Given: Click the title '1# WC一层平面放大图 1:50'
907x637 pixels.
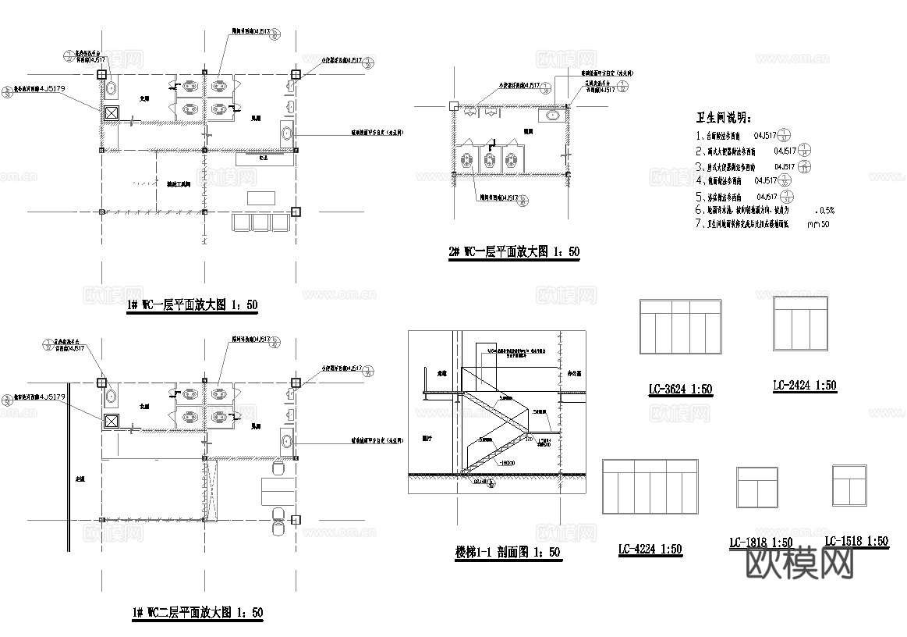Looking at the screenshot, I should click(191, 305).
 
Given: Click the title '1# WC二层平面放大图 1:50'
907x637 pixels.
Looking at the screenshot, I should click(197, 613).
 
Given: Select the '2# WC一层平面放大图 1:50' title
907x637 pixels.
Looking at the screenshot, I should click(513, 251).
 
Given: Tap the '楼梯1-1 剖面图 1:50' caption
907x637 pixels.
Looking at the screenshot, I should click(508, 553).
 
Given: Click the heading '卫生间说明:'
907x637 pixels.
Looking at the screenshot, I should click(723, 118).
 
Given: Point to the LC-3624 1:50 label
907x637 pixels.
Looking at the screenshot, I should click(680, 389).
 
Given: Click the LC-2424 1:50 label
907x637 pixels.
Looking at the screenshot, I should click(804, 386).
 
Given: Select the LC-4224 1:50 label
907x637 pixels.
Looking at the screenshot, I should click(650, 550).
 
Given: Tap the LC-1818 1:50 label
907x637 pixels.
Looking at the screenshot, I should click(760, 543).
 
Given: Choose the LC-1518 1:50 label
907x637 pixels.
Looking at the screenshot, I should click(856, 541).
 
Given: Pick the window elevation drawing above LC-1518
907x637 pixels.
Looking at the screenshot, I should click(850, 486).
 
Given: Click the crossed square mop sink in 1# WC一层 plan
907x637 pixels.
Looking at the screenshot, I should click(112, 113).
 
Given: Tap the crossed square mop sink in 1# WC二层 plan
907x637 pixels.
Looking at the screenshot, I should click(112, 422).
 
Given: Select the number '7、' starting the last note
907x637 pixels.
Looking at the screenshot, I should click(700, 224).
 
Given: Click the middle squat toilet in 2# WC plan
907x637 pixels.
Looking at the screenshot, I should click(489, 160).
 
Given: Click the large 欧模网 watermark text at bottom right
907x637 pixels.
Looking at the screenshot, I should click(800, 564).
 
